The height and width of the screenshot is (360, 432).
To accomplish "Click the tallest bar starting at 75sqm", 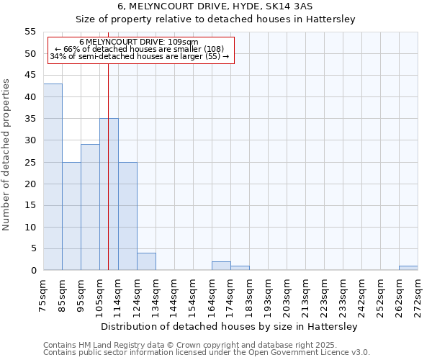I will pos(53,177).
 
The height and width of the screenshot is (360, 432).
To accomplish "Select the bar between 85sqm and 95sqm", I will pos(71,216).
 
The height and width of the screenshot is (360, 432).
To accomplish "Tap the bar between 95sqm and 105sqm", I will pos(90,207).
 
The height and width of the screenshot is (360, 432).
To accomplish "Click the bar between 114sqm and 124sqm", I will pos(127,216).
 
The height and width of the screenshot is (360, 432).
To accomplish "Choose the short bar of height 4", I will pos(146,262).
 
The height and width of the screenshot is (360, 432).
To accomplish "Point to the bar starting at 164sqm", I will pos(221,266).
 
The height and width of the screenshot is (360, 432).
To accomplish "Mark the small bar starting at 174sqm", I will pos(240,269).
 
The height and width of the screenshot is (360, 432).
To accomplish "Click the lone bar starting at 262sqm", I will pos(408,269).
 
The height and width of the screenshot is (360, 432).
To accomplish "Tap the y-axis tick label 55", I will pos(30,32).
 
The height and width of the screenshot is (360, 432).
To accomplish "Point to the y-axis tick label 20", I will pos(30,184).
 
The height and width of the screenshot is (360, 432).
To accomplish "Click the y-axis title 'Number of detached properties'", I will pos(6,155).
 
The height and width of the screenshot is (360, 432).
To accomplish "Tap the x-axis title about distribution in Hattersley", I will pos(228,326).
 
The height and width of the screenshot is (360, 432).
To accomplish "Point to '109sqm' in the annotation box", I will pos(183,42).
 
